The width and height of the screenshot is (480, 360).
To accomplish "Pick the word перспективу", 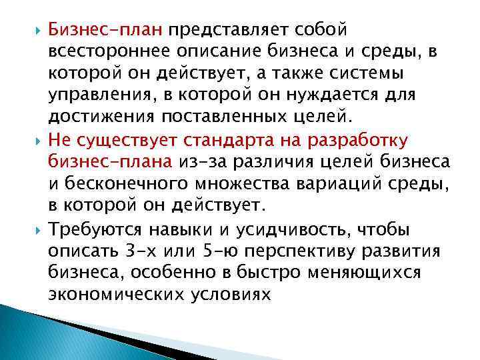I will pos(310,251).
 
